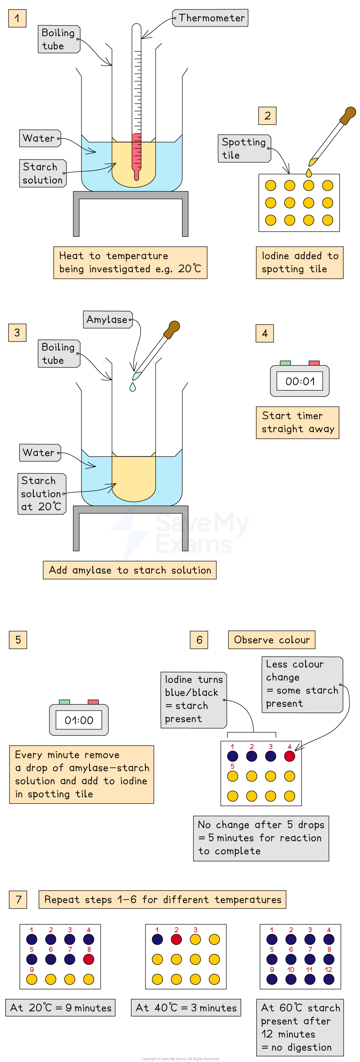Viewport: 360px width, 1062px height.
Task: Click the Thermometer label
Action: pos(210,18)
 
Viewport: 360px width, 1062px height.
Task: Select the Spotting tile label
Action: pos(244,149)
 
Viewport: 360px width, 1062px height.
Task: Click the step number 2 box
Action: pos(267,116)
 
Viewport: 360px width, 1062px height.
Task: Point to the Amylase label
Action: pos(107,320)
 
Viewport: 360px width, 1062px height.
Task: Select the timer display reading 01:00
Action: pos(79,720)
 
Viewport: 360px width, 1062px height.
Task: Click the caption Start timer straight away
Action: pos(297,422)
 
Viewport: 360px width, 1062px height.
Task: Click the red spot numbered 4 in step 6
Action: pos(290,756)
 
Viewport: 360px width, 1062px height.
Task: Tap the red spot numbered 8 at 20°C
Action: pos(89,959)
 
